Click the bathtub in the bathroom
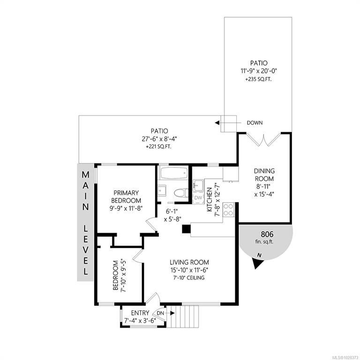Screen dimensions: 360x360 click(174, 173)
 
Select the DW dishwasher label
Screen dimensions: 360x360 click(198, 198)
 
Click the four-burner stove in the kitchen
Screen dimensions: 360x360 click(228, 210)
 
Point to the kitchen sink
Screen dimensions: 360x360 click(198, 185)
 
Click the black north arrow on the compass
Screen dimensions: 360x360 click(258, 263)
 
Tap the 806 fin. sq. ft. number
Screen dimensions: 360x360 click(267, 234)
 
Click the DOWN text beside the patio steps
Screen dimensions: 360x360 click(255, 123)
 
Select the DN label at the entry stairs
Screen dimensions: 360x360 click(160, 313)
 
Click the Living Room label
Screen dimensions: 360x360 click(189, 262)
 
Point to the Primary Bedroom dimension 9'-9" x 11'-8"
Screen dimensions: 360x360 click(126, 209)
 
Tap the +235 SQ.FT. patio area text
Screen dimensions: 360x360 click(259, 80)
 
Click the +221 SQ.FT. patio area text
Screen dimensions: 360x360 click(158, 147)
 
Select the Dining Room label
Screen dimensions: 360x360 click(264, 175)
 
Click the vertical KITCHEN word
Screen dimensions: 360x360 click(210, 200)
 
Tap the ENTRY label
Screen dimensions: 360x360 click(140, 313)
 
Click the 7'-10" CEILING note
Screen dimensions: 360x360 click(189, 278)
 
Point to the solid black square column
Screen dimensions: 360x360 click(186, 229)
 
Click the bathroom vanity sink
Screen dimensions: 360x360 click(162, 190)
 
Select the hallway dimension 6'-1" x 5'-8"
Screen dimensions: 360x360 click(172, 215)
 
